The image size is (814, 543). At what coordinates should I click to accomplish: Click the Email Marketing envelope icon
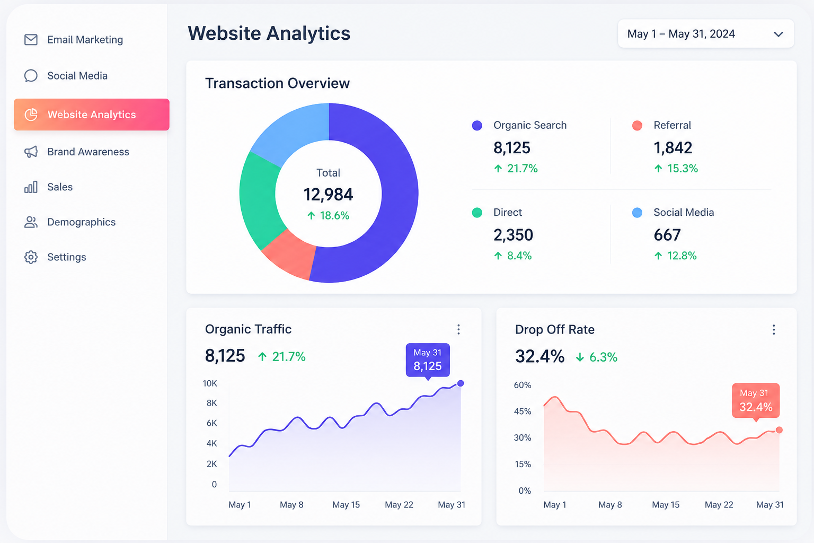click(x=31, y=40)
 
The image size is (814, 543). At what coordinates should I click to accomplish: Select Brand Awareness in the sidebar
click(x=88, y=152)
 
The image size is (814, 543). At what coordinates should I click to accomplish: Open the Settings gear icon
click(x=31, y=257)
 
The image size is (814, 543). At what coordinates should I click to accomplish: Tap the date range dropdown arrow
click(x=778, y=34)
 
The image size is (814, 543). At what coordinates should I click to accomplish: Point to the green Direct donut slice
click(x=259, y=200)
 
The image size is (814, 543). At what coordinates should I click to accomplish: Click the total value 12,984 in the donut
click(x=328, y=195)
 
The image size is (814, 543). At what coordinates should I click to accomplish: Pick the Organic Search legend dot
click(x=477, y=126)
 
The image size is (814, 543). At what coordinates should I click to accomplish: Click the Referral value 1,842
click(x=673, y=147)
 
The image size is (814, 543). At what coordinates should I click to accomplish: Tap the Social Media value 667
click(x=667, y=235)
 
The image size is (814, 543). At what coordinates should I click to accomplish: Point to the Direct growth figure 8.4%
click(x=519, y=256)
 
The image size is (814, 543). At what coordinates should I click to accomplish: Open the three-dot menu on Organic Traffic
click(x=458, y=329)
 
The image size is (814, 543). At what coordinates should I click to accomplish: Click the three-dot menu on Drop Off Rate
click(x=774, y=330)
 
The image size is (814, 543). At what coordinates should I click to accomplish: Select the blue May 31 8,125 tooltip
click(x=428, y=360)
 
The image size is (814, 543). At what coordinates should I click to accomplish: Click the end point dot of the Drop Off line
click(x=779, y=430)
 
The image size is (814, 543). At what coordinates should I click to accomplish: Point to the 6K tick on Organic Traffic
click(x=211, y=423)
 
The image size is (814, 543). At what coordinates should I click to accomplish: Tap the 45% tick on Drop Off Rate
click(x=523, y=411)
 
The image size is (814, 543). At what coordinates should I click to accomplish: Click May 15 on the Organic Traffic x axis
click(x=346, y=505)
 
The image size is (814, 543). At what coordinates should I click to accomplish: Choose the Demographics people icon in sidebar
click(x=31, y=222)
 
